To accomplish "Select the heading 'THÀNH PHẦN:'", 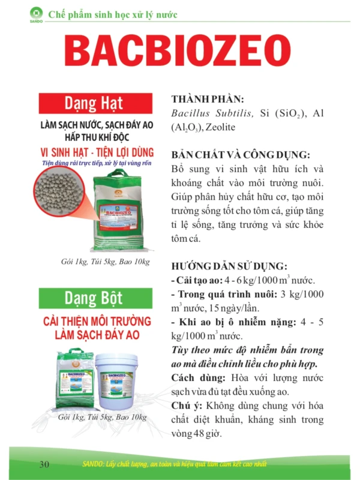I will point(208,100).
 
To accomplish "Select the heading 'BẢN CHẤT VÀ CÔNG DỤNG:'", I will point(240,154).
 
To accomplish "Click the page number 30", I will point(44,464).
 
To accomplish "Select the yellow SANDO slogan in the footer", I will point(198,465).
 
